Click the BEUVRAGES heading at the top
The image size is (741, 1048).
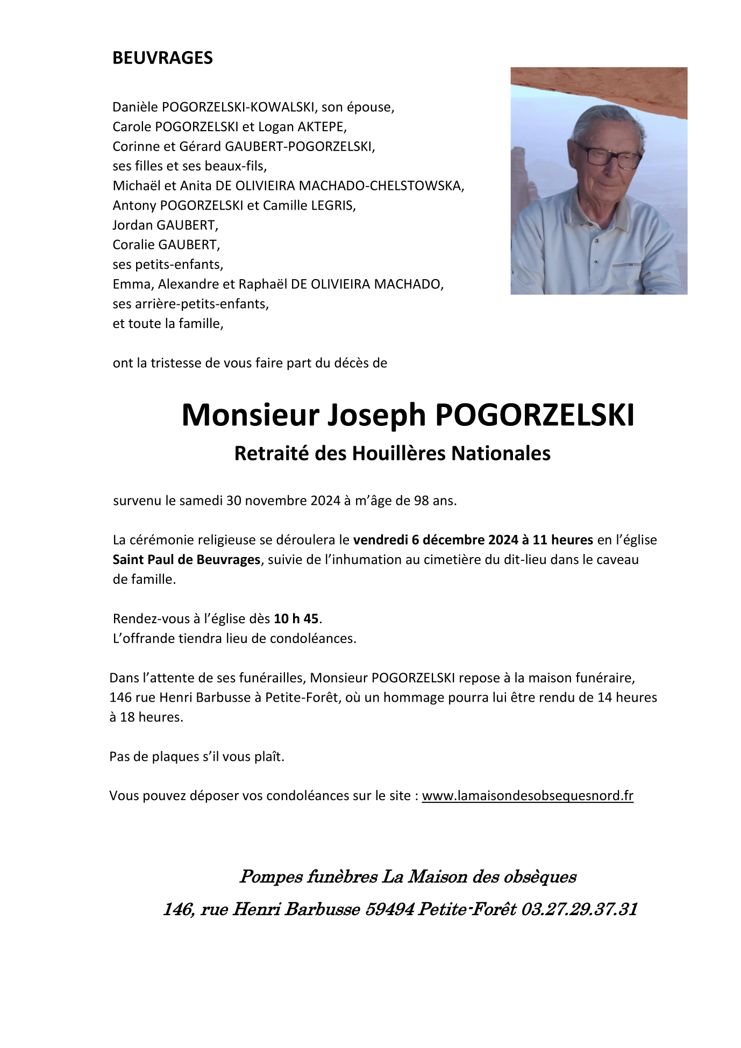pos(162,58)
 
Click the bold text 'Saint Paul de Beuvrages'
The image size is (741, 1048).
pos(186,560)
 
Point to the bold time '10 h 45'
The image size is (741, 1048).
pos(296,619)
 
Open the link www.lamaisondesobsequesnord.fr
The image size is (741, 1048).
pos(528,796)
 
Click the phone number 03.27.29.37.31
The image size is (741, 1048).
pos(579,909)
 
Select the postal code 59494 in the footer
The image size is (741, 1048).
pos(390,909)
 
